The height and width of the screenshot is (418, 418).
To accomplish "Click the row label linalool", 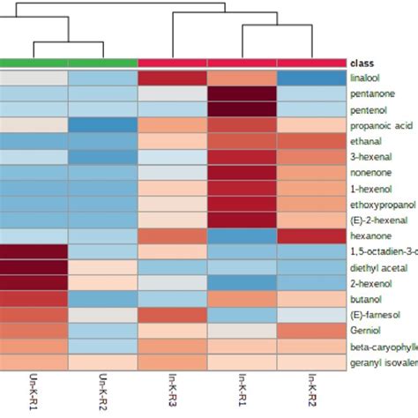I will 367,78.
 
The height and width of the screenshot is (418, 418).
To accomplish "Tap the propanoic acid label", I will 377,125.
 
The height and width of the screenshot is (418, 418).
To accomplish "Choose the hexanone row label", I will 369,236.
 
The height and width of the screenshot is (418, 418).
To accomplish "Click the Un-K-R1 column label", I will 34,389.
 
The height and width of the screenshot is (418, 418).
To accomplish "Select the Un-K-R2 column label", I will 103,389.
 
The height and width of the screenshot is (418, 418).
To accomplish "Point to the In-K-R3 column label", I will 173,389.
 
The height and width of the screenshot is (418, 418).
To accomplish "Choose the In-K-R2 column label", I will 311,389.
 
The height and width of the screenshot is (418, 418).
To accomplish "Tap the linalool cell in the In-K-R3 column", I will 173,78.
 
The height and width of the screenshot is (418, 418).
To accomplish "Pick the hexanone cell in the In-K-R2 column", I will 311,236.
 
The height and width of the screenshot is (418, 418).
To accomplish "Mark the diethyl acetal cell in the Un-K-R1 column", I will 34,268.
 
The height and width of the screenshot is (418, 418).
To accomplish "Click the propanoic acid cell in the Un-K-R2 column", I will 103,125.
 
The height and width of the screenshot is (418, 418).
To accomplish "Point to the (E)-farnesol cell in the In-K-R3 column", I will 173,316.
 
